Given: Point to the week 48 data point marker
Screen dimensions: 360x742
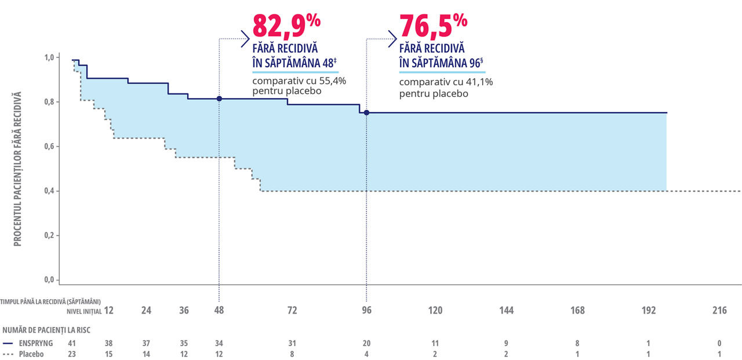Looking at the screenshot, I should click(219, 99).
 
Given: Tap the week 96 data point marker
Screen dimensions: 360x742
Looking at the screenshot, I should click(366, 112).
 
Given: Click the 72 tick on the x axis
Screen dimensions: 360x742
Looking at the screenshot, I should click(292, 311).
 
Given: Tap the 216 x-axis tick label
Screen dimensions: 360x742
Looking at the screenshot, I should click(719, 311).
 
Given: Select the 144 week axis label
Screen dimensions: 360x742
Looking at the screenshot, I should click(506, 311).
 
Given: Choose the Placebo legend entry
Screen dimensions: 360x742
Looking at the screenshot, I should click(32, 354).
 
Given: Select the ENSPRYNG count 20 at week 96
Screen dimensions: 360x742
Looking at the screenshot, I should click(366, 343).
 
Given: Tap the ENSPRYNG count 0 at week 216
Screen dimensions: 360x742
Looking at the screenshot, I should click(719, 343).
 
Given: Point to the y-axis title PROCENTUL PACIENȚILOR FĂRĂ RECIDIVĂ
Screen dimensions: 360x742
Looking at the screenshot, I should click(17, 168).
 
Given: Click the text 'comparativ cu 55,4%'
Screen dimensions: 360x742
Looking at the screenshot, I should click(299, 81).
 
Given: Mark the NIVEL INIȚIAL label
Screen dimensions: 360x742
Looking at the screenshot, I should click(84, 311).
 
